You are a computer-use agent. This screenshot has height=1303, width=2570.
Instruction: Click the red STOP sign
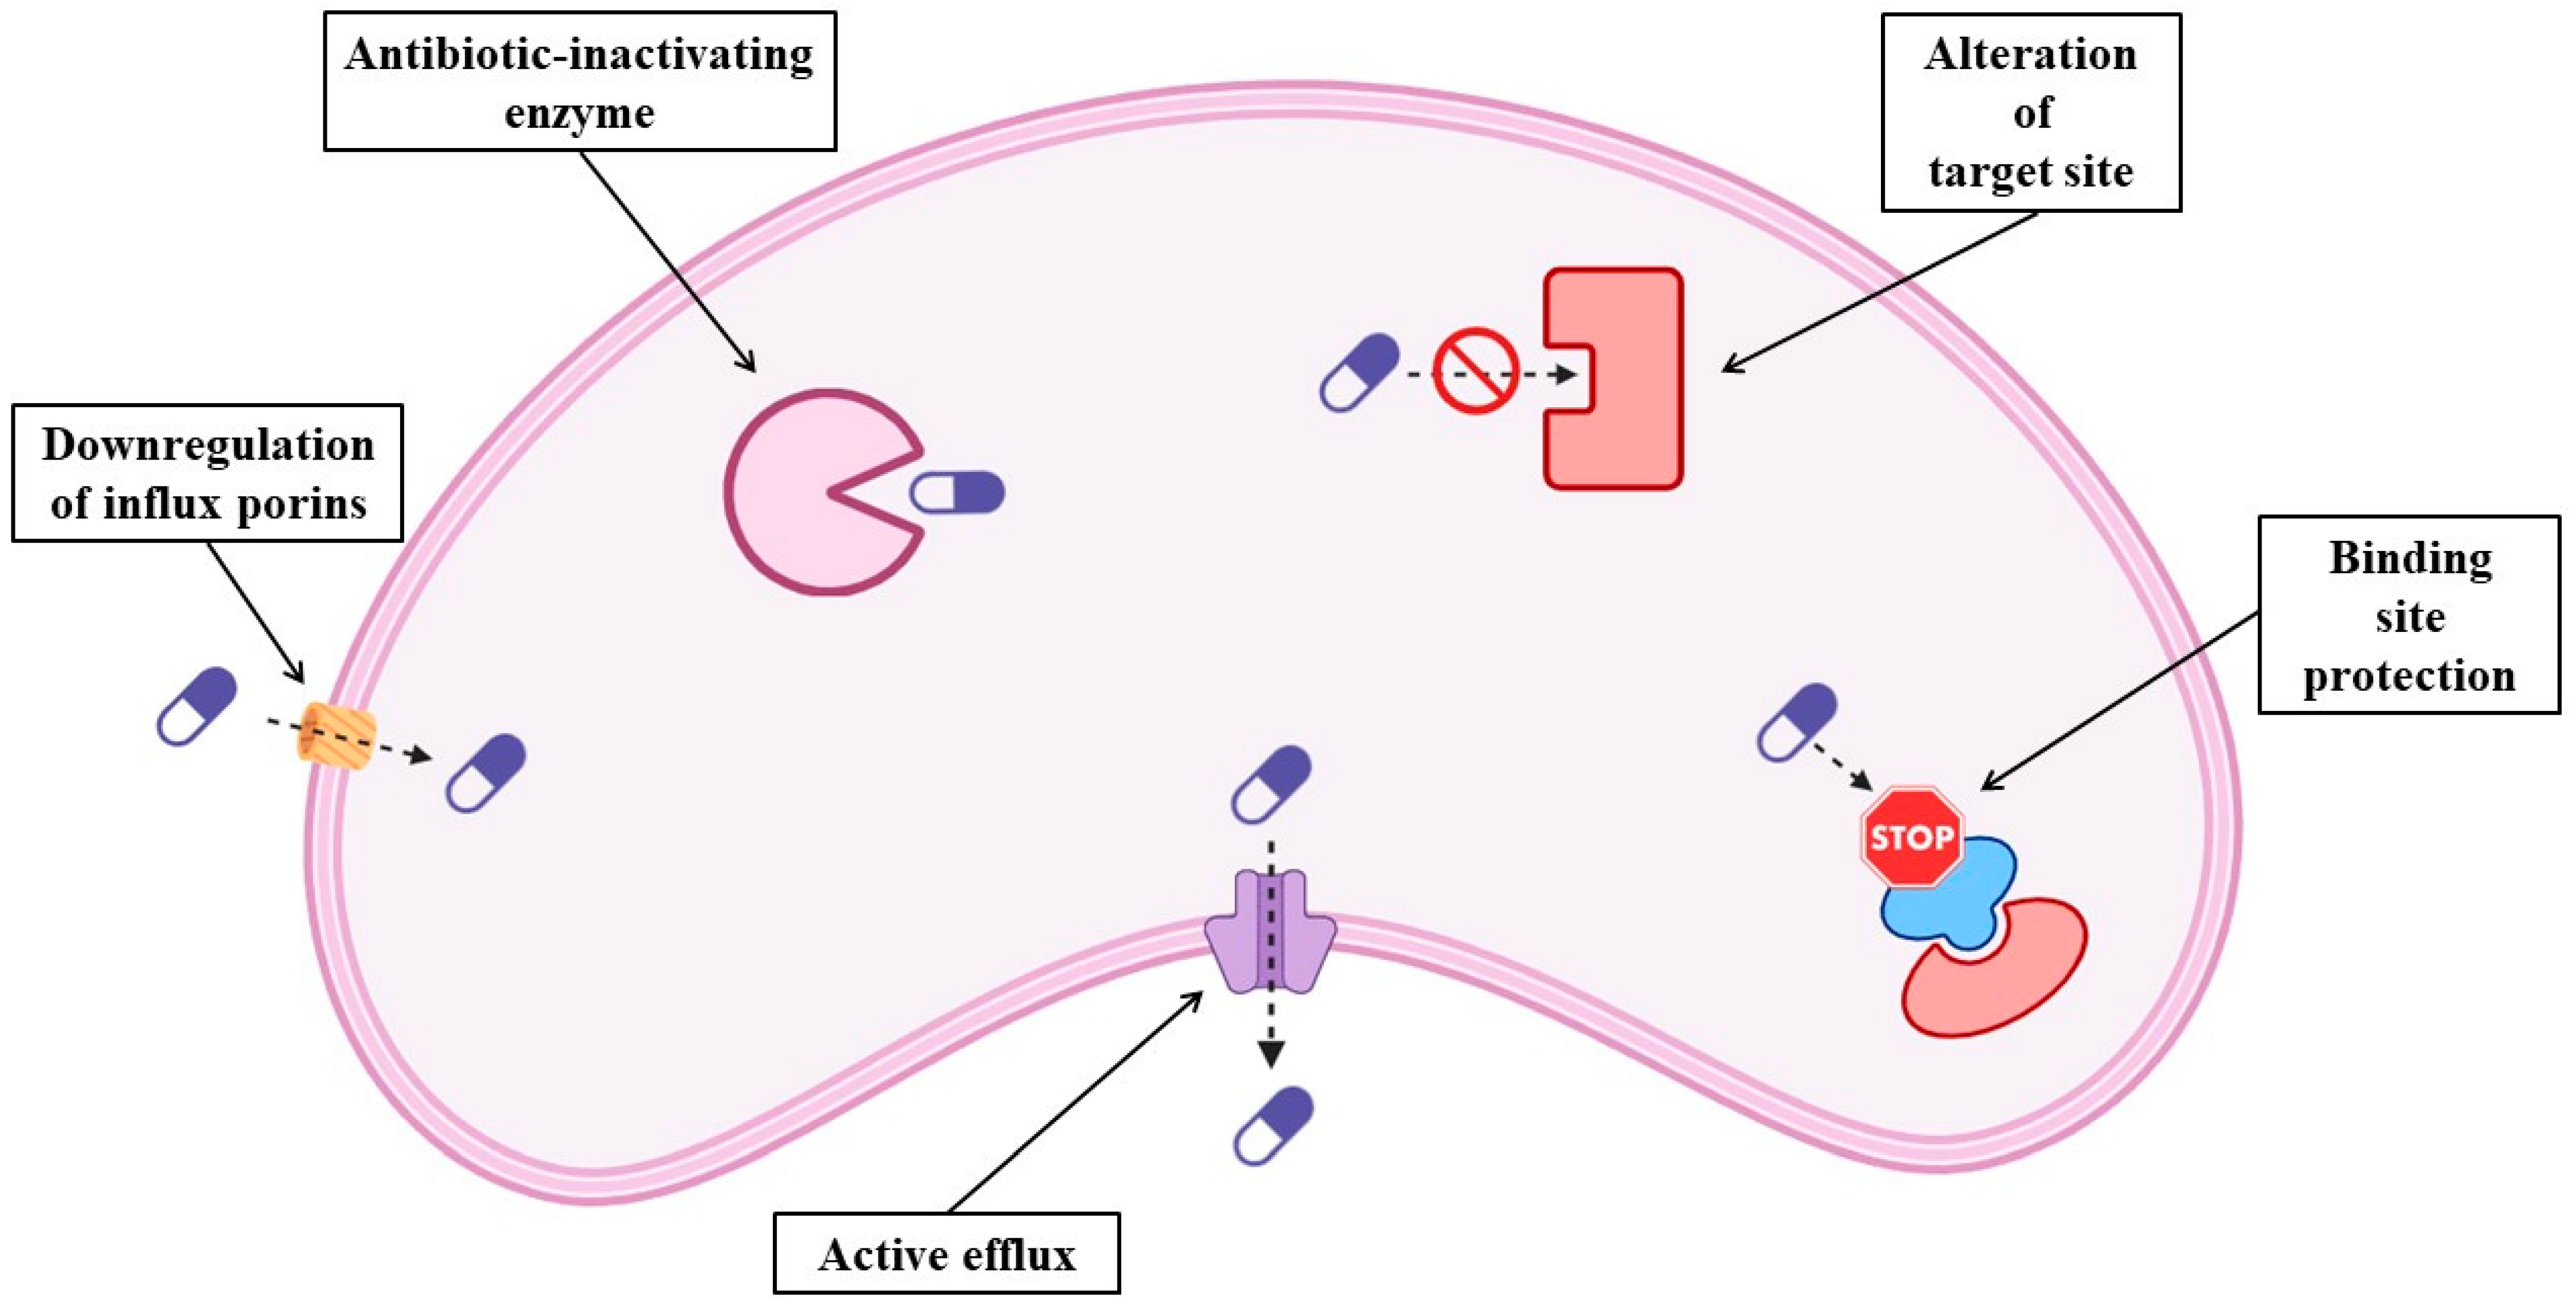[x=1911, y=837]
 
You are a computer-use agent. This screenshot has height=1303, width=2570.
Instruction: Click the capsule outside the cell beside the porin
[x=197, y=706]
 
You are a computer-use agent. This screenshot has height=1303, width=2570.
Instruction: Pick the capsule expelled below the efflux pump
[x=1273, y=1125]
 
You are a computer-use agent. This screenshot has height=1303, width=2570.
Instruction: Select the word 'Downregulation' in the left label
[x=207, y=445]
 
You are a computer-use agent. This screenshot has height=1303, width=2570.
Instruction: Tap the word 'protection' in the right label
[x=2408, y=675]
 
